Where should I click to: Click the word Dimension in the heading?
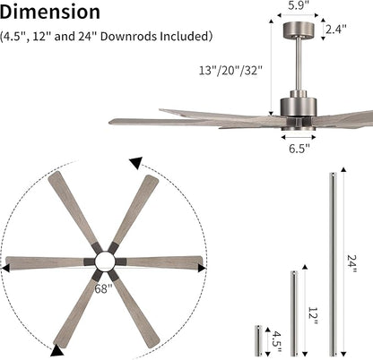[49, 13]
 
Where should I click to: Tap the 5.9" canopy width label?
[299, 6]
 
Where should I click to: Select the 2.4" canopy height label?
[335, 30]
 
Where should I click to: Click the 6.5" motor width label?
[299, 149]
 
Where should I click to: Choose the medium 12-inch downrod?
[292, 310]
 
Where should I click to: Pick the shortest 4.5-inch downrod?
[258, 338]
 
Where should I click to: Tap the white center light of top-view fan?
[104, 261]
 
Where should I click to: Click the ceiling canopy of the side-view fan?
[299, 30]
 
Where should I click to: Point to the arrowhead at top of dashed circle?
[135, 164]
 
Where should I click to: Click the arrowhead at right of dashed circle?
[203, 264]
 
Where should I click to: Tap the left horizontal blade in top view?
[45, 262]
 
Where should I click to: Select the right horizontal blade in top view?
[161, 261]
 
